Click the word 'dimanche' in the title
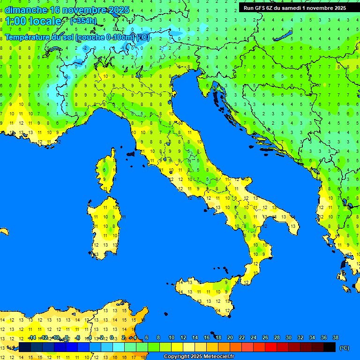click(x=26, y=10)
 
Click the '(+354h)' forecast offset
click(x=83, y=21)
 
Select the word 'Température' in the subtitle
click(x=28, y=37)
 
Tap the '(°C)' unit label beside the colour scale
click(x=344, y=348)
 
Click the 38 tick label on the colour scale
click(x=335, y=338)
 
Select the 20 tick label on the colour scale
click(x=230, y=338)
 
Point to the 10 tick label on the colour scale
click(x=172, y=338)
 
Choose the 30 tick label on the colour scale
click(x=288, y=338)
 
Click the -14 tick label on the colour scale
click(x=32, y=338)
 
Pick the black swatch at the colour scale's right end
click(x=330, y=347)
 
